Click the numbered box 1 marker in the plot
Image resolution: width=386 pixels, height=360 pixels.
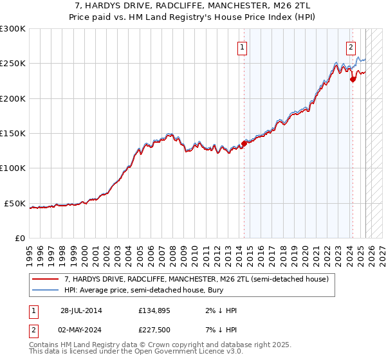coord(242,46)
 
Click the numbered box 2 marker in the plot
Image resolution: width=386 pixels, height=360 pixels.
coord(351,46)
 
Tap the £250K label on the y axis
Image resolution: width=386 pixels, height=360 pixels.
coord(13,64)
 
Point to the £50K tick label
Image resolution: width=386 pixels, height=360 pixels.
coord(15,203)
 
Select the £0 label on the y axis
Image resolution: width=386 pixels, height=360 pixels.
coord(19,238)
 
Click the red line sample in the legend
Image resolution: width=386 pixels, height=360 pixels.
coord(46,279)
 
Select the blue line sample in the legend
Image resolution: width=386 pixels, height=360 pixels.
coord(46,290)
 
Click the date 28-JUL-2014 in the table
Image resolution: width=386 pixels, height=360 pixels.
coord(81,310)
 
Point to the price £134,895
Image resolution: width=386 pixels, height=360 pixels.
coord(154,310)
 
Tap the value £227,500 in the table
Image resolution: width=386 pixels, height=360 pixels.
coord(154,331)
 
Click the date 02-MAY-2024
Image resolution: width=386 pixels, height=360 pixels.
coord(81,331)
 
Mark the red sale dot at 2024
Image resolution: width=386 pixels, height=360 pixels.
coord(353,80)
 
